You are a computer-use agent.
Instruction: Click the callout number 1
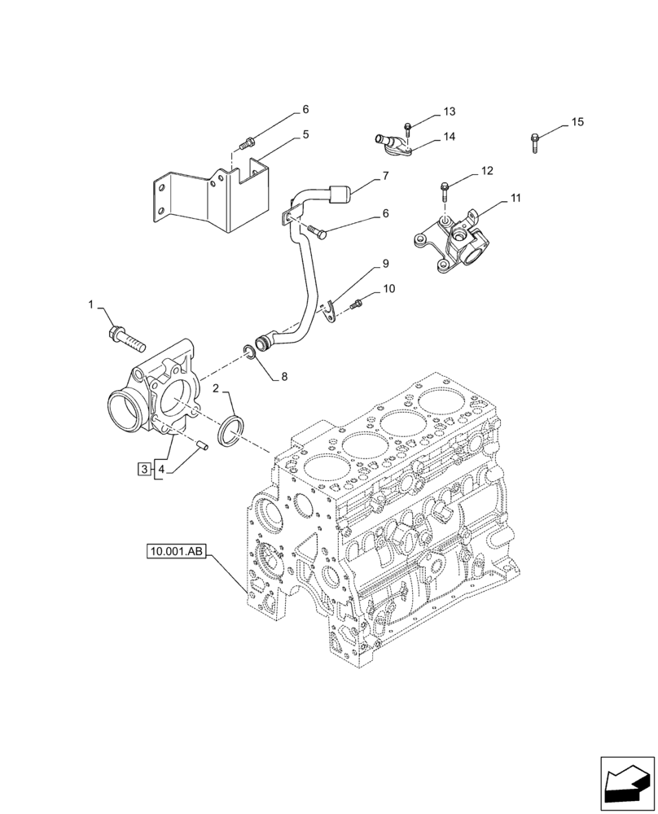(x=91, y=304)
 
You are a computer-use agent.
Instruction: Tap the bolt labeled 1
(x=123, y=334)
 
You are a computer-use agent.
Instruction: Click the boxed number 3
(x=144, y=469)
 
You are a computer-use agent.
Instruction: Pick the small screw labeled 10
(x=357, y=305)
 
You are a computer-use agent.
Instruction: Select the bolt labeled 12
(x=444, y=190)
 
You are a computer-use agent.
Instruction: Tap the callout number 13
(x=450, y=111)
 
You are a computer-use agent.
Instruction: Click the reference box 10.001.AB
(x=178, y=553)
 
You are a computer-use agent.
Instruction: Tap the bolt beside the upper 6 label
(x=245, y=145)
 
